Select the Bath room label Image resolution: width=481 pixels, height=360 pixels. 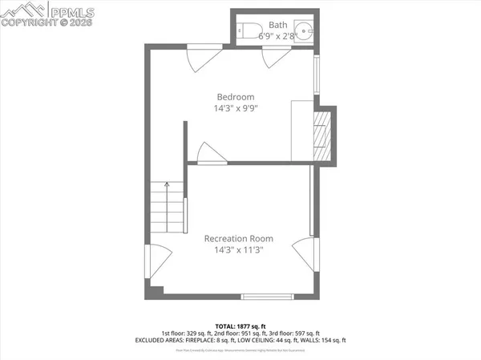(277, 25)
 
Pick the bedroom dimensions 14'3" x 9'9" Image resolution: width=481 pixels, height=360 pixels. (236, 107)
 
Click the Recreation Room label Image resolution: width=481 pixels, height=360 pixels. (238, 238)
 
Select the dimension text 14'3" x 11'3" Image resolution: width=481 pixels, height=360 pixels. (238, 250)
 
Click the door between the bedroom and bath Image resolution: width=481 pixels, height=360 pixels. (273, 58)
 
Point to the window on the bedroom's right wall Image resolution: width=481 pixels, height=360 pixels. (316, 75)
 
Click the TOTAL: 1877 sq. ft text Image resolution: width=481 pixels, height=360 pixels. (240, 324)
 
